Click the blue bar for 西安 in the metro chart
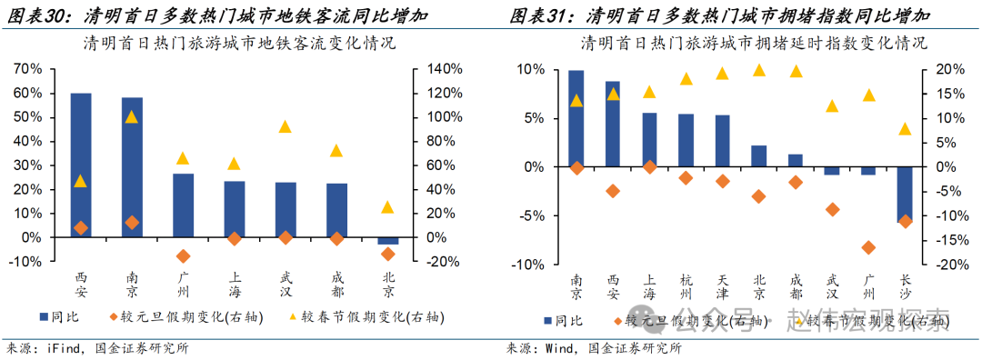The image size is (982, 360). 81,164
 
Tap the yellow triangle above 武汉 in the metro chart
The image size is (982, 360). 286,127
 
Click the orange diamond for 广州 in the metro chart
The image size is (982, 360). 183,256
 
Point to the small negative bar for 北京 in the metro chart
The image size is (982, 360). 387,240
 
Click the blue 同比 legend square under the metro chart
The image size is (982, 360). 45,317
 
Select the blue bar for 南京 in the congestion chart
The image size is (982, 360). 576,118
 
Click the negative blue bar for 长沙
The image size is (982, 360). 905,195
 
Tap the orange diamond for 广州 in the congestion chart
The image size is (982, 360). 868,247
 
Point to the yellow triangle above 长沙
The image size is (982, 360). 905,129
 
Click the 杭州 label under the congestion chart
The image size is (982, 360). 686,287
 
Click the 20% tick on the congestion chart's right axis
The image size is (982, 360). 943,69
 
